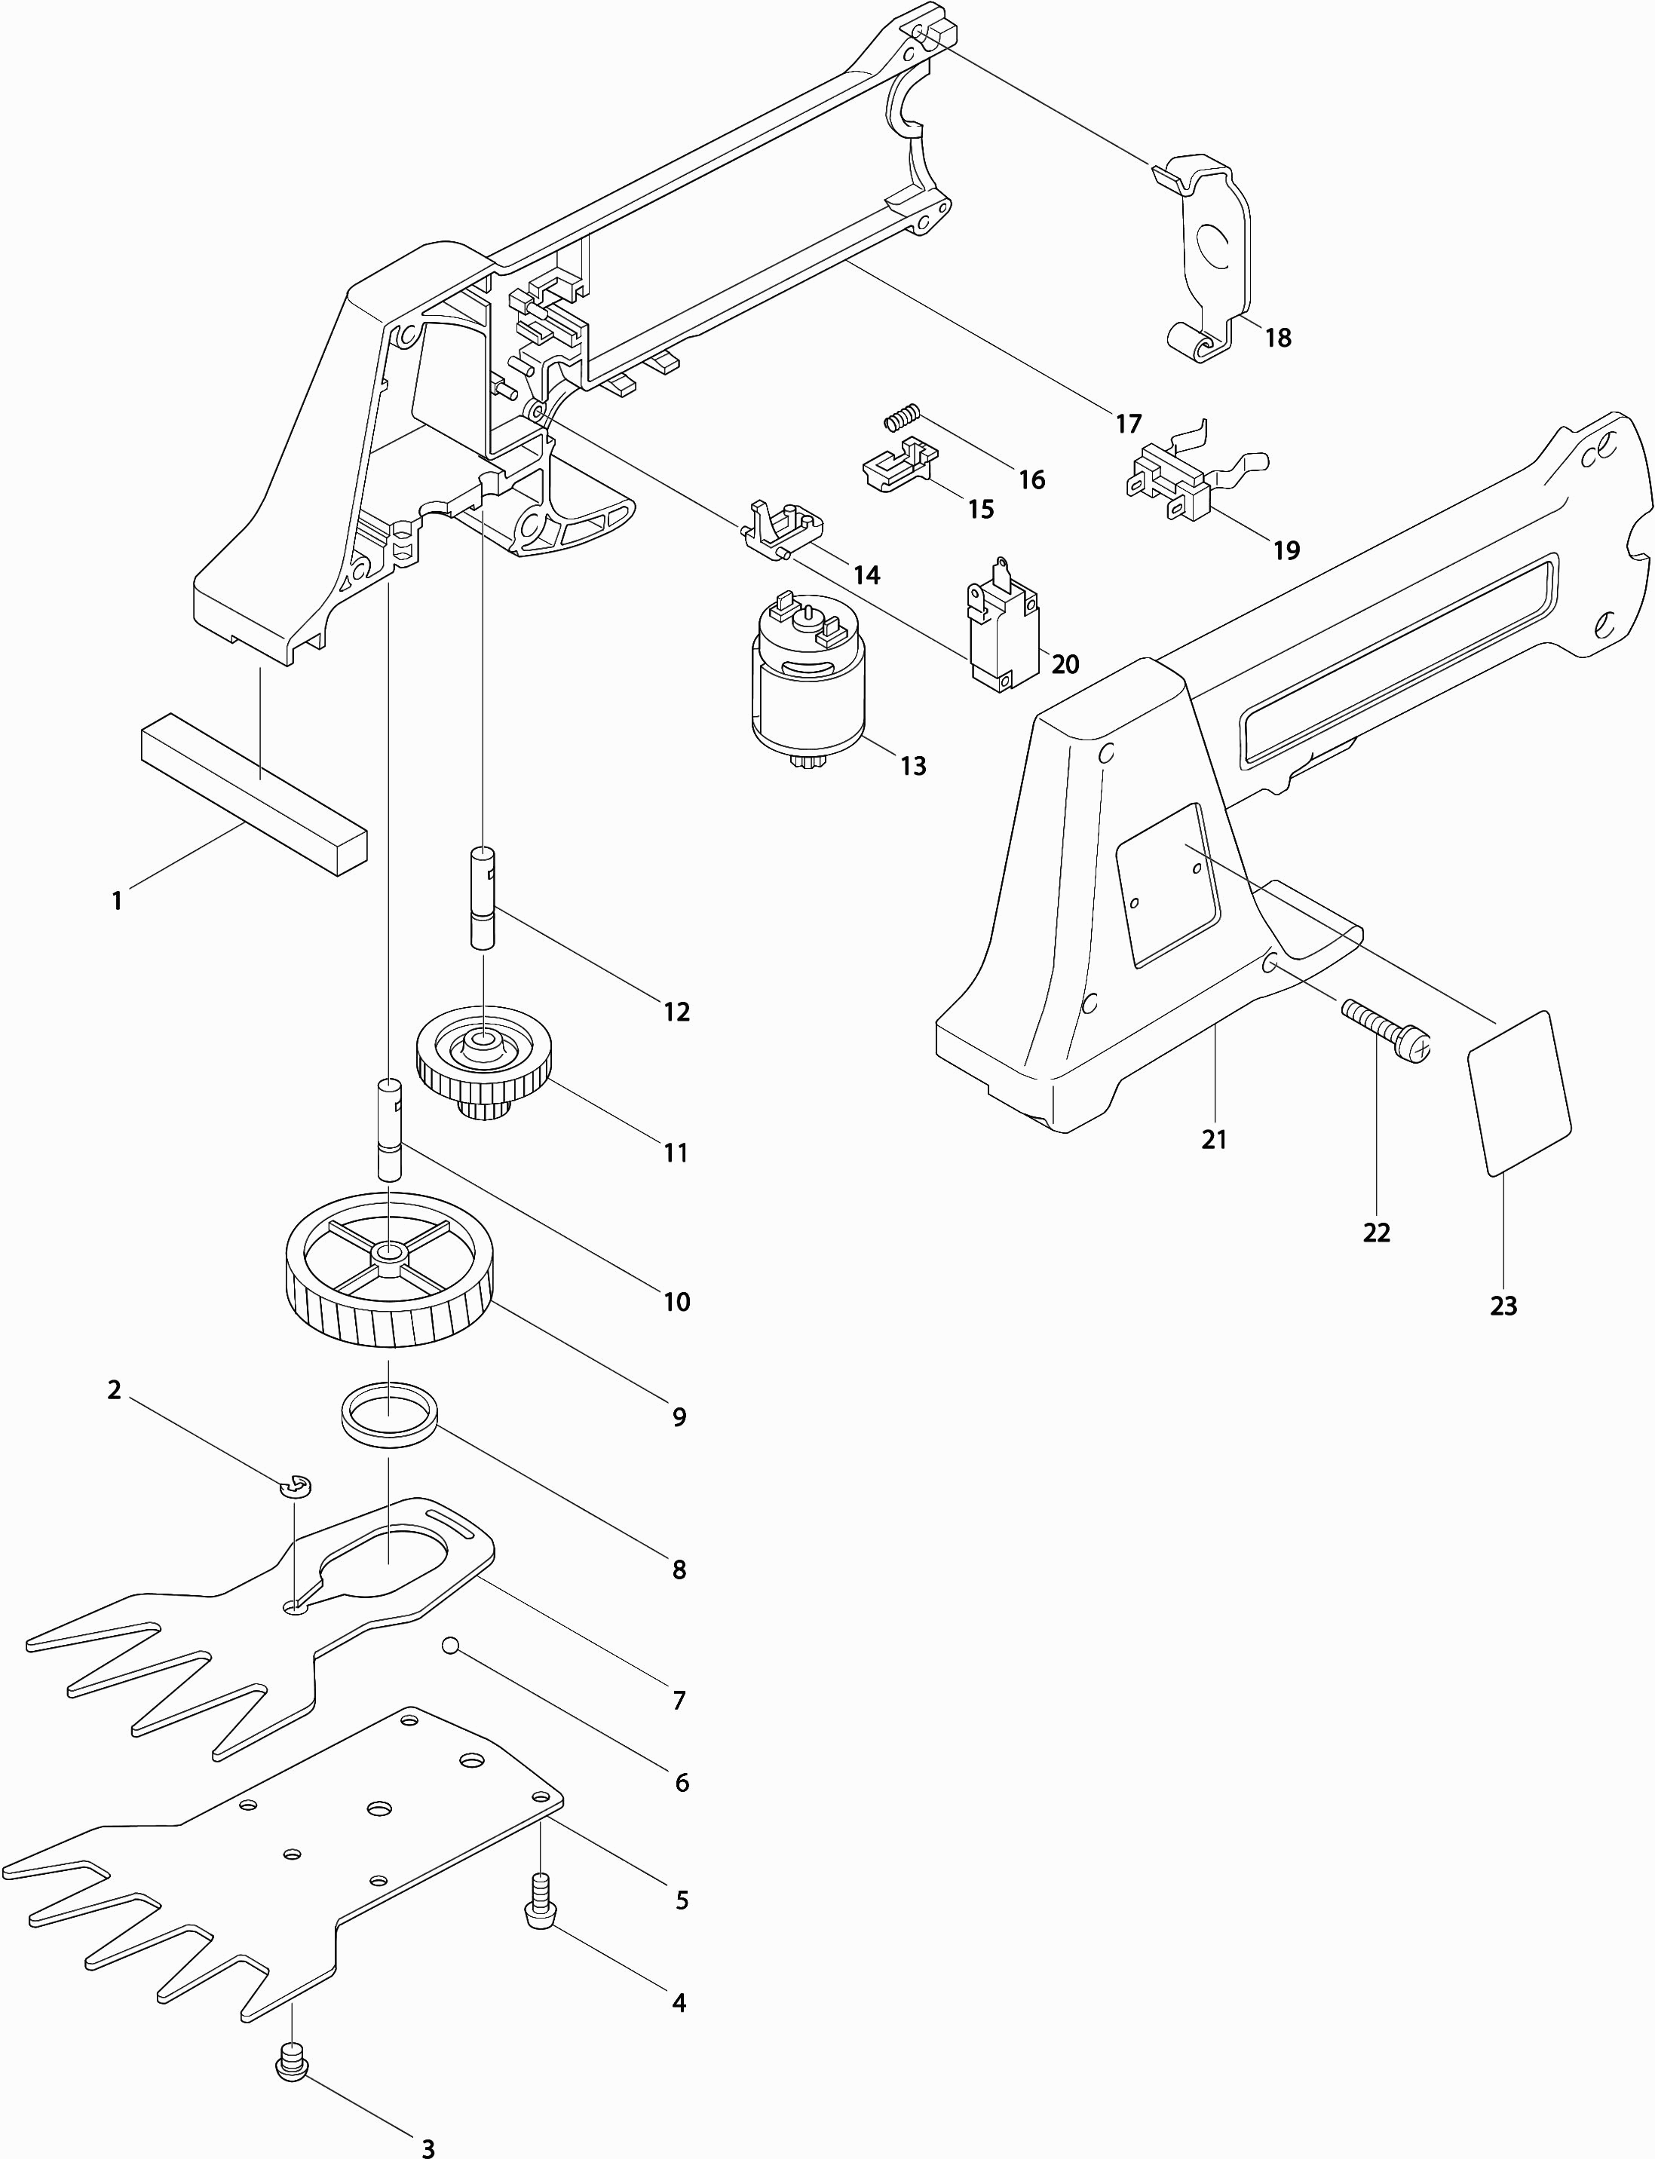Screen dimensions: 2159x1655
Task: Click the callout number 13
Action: pyautogui.click(x=913, y=767)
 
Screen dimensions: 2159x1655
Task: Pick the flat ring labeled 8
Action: pyautogui.click(x=389, y=1416)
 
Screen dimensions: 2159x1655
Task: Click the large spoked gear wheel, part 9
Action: pyautogui.click(x=389, y=1270)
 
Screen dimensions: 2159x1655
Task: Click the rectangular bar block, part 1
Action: pyautogui.click(x=254, y=794)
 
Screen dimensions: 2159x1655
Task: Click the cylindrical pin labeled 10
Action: pyautogui.click(x=390, y=1128)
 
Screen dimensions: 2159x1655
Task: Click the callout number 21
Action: pyautogui.click(x=1214, y=1140)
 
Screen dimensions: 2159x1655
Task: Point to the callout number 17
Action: pyautogui.click(x=1128, y=424)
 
